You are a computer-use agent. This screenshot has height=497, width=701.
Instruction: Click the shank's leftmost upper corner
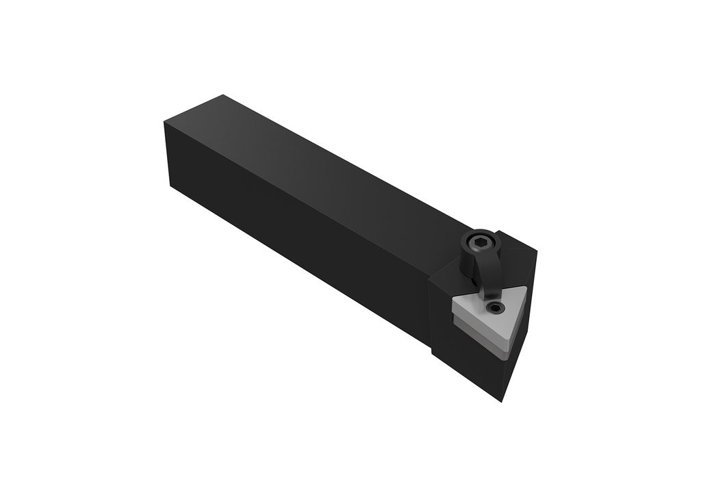pyautogui.click(x=165, y=121)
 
